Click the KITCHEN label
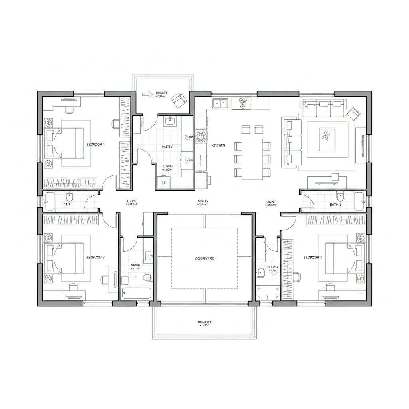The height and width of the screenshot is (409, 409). tap(218, 146)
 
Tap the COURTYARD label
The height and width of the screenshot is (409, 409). tap(204, 259)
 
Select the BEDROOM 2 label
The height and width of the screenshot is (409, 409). tap(95, 258)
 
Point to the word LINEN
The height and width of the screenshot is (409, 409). tap(168, 166)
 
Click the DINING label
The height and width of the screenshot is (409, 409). tap(271, 202)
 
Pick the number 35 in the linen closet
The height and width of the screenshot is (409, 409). tap(163, 183)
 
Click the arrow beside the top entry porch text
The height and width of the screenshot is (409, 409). tap(147, 94)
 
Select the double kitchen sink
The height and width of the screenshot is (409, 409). tap(220, 103)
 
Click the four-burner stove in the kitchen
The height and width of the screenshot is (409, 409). tap(200, 137)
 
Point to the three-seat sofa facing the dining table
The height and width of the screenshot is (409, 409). tap(293, 141)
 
